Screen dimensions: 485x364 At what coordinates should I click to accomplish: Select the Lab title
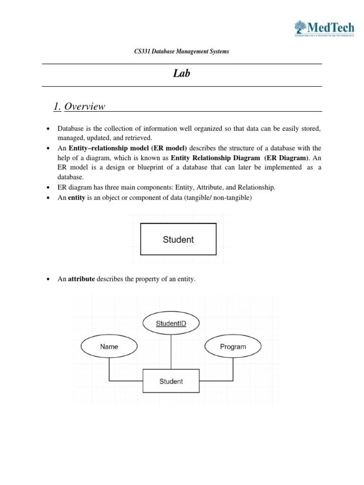(182, 74)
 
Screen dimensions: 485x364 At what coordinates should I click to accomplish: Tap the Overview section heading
(84, 107)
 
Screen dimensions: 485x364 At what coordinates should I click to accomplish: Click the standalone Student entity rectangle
(178, 240)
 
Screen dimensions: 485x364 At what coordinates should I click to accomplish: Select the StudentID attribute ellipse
(171, 324)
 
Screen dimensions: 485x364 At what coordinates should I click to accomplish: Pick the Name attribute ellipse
(109, 347)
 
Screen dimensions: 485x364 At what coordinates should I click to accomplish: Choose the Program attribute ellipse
(233, 347)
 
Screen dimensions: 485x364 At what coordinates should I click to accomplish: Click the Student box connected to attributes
(171, 381)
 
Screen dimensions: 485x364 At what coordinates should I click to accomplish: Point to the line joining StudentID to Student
(171, 352)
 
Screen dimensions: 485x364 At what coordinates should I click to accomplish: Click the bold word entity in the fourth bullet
(76, 198)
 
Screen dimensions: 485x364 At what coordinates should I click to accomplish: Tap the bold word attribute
(82, 279)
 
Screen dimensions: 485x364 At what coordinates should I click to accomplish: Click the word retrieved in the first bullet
(137, 138)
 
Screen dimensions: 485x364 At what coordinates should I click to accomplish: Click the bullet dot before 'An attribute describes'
(48, 280)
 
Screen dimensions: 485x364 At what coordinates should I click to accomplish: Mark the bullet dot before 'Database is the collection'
(48, 129)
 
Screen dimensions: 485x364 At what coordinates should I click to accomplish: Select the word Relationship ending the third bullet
(257, 188)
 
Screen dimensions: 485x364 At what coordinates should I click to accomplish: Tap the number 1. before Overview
(57, 107)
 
